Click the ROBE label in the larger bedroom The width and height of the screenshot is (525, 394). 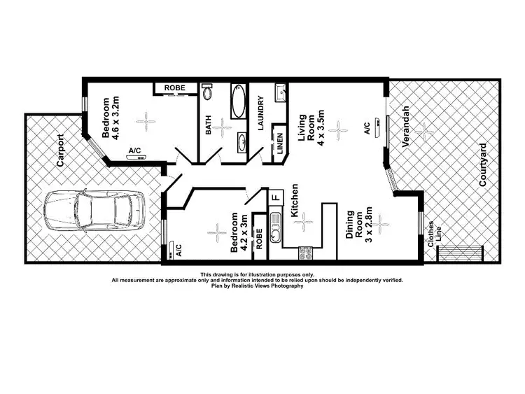click(174, 87)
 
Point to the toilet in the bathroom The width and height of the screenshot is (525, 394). click(207, 93)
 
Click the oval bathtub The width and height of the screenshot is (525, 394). click(239, 102)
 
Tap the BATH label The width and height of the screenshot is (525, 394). click(207, 125)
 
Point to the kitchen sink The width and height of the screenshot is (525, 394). click(275, 228)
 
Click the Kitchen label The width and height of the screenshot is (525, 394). click(296, 199)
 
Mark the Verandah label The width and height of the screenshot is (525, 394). click(405, 127)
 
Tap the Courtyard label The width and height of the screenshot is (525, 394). click(482, 165)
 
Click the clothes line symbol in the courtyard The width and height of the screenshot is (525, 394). click(459, 252)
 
